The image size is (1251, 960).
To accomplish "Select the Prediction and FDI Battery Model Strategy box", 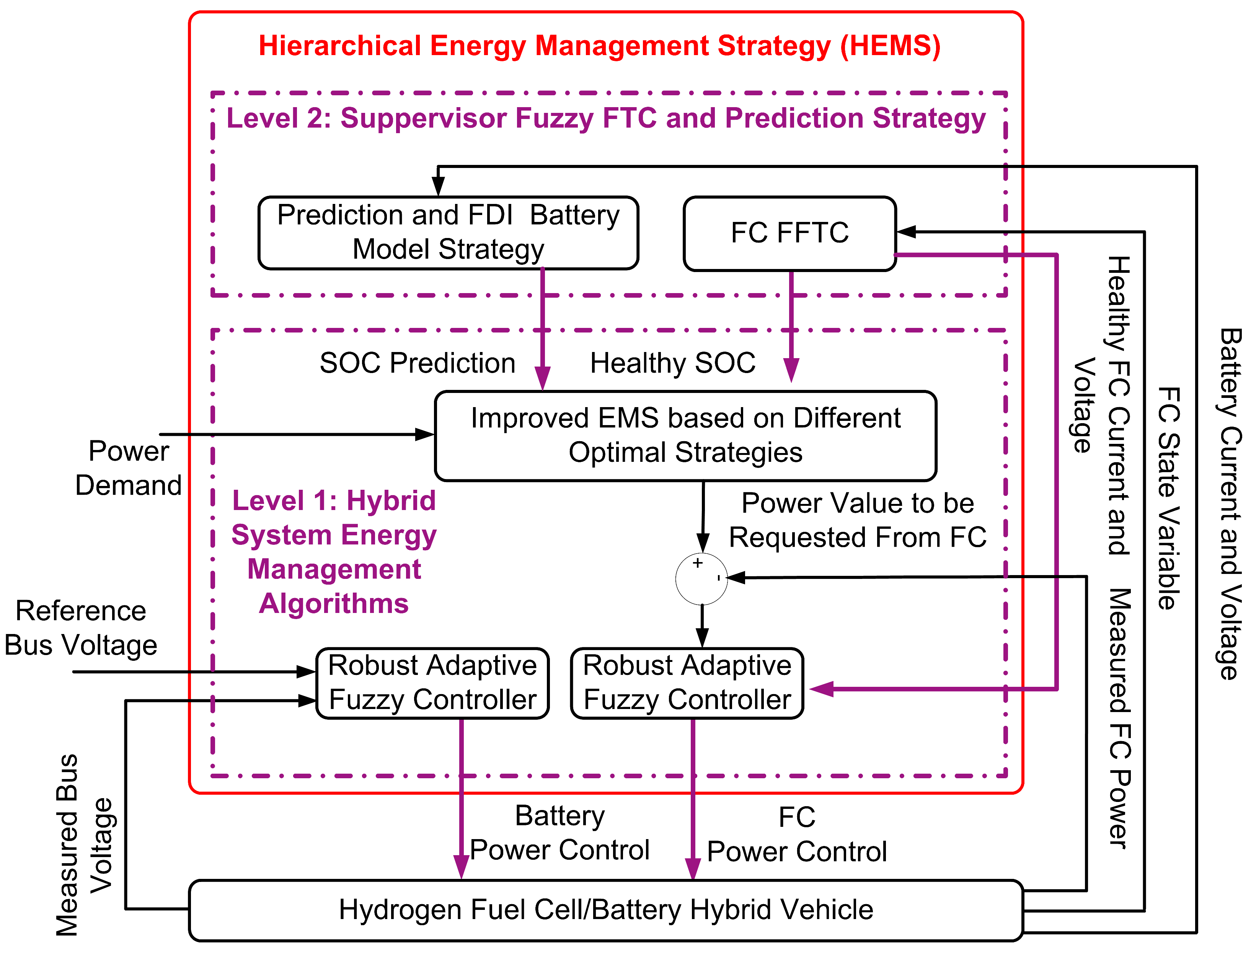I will tap(448, 233).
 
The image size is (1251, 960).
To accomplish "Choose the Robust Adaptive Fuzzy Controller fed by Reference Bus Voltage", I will tap(432, 683).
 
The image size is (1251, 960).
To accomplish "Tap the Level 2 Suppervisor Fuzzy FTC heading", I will tap(606, 118).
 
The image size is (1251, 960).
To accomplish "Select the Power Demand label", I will tap(129, 468).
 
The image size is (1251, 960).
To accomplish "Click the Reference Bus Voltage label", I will tap(81, 628).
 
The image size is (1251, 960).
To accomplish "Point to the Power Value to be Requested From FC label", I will tap(857, 520).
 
